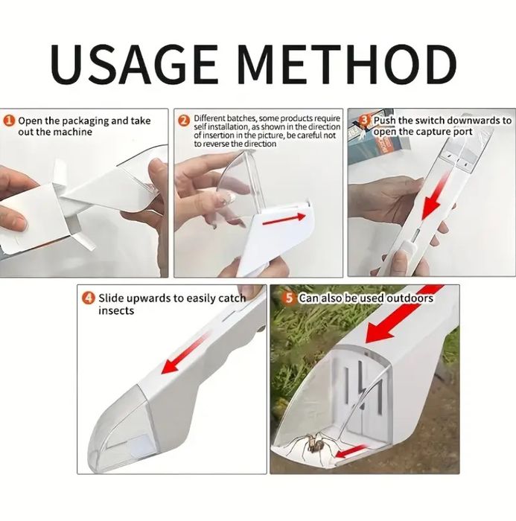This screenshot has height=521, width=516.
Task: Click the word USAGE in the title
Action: pos(134,64)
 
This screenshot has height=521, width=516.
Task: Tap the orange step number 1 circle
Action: pos(10,121)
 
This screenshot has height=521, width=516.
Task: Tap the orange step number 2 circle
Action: pos(183,121)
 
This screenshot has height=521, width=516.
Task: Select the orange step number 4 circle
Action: pos(89,298)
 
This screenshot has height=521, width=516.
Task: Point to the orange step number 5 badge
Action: pos(289,298)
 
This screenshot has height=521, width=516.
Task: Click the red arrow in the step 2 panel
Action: pos(284,220)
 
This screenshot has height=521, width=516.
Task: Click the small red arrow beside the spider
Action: pos(350,452)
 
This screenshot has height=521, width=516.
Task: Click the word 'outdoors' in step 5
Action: pos(410,298)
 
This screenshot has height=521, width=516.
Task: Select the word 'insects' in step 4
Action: pos(116,311)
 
